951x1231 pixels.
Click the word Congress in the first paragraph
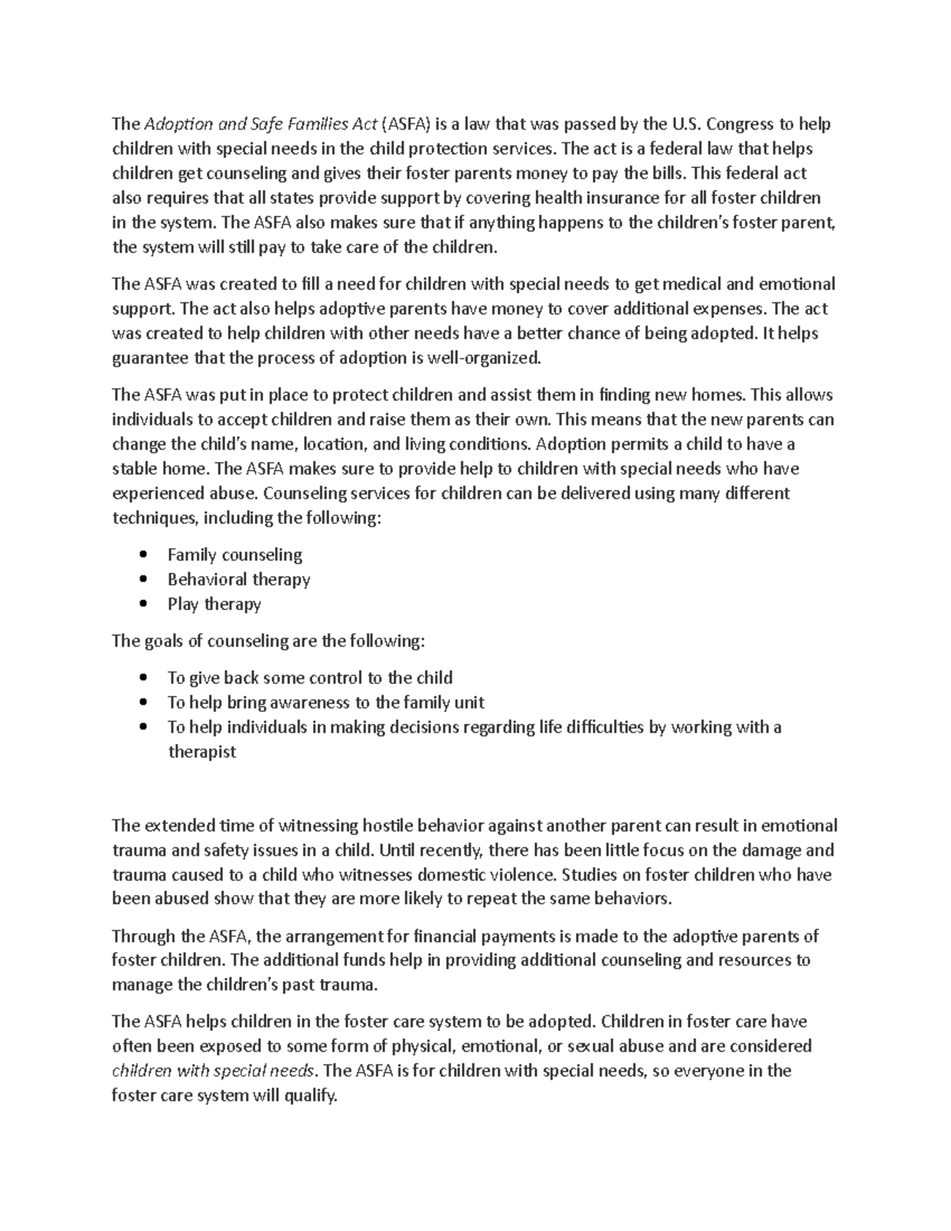coord(737,124)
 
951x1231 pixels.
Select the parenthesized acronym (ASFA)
coord(407,124)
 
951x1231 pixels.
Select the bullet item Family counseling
coord(235,555)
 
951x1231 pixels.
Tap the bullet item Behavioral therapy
coord(239,579)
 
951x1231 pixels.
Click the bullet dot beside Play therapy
coord(143,604)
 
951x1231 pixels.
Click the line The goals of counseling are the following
coord(269,640)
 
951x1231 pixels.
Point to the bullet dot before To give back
coord(143,678)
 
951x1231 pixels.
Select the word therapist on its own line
coord(201,751)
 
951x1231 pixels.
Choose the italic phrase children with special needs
coord(213,1071)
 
